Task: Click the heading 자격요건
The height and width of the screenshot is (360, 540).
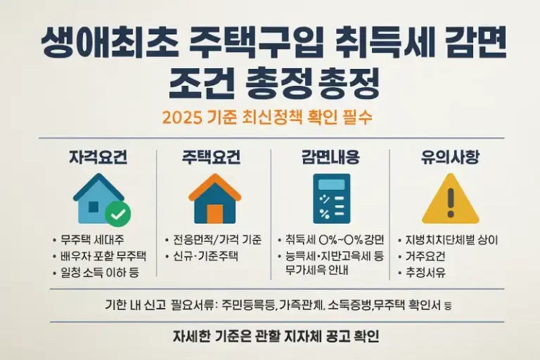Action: [x=98, y=157]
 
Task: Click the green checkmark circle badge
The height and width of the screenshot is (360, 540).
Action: [x=117, y=213]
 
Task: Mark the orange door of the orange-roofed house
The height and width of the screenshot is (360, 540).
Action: [x=215, y=213]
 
